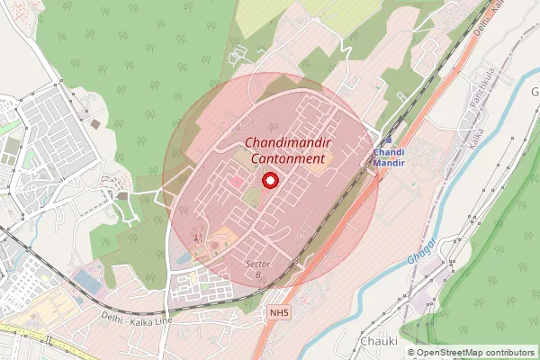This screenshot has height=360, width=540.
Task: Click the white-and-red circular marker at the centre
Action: click(268, 181)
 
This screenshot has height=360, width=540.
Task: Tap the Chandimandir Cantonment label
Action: click(284, 151)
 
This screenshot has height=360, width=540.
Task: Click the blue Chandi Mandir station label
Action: click(389, 158)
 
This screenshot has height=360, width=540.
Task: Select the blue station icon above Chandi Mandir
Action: click(388, 140)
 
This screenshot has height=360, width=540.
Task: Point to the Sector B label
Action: click(258, 267)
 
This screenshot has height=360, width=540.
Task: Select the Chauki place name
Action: click(378, 342)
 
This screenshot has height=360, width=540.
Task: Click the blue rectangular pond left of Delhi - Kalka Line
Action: click(87, 282)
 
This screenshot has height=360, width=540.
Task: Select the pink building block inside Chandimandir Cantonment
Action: click(237, 183)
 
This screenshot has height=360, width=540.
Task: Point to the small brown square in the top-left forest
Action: click(94, 122)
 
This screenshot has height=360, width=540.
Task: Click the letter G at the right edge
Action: click(534, 93)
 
